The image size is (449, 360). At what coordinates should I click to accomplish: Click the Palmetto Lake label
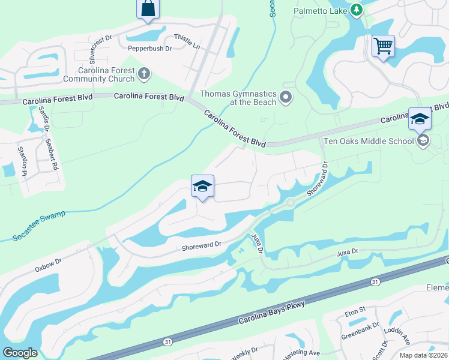click(320, 10)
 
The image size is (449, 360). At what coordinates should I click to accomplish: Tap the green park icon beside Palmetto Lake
click(357, 10)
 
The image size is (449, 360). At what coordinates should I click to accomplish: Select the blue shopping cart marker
click(382, 46)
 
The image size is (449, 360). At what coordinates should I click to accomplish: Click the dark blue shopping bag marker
click(148, 10)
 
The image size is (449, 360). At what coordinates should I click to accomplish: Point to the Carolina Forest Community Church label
click(99, 74)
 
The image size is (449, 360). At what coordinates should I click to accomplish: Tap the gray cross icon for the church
click(143, 74)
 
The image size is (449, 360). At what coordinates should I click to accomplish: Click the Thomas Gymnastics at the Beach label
click(238, 98)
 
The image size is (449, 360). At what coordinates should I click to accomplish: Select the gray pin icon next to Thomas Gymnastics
click(286, 97)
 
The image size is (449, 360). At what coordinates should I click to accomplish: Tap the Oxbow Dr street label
click(49, 262)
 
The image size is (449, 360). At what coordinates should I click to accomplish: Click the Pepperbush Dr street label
click(149, 47)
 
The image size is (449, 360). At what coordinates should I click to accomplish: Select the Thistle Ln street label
click(186, 41)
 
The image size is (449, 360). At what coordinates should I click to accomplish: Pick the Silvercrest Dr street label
click(100, 49)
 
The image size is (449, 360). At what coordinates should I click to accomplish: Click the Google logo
click(20, 353)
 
